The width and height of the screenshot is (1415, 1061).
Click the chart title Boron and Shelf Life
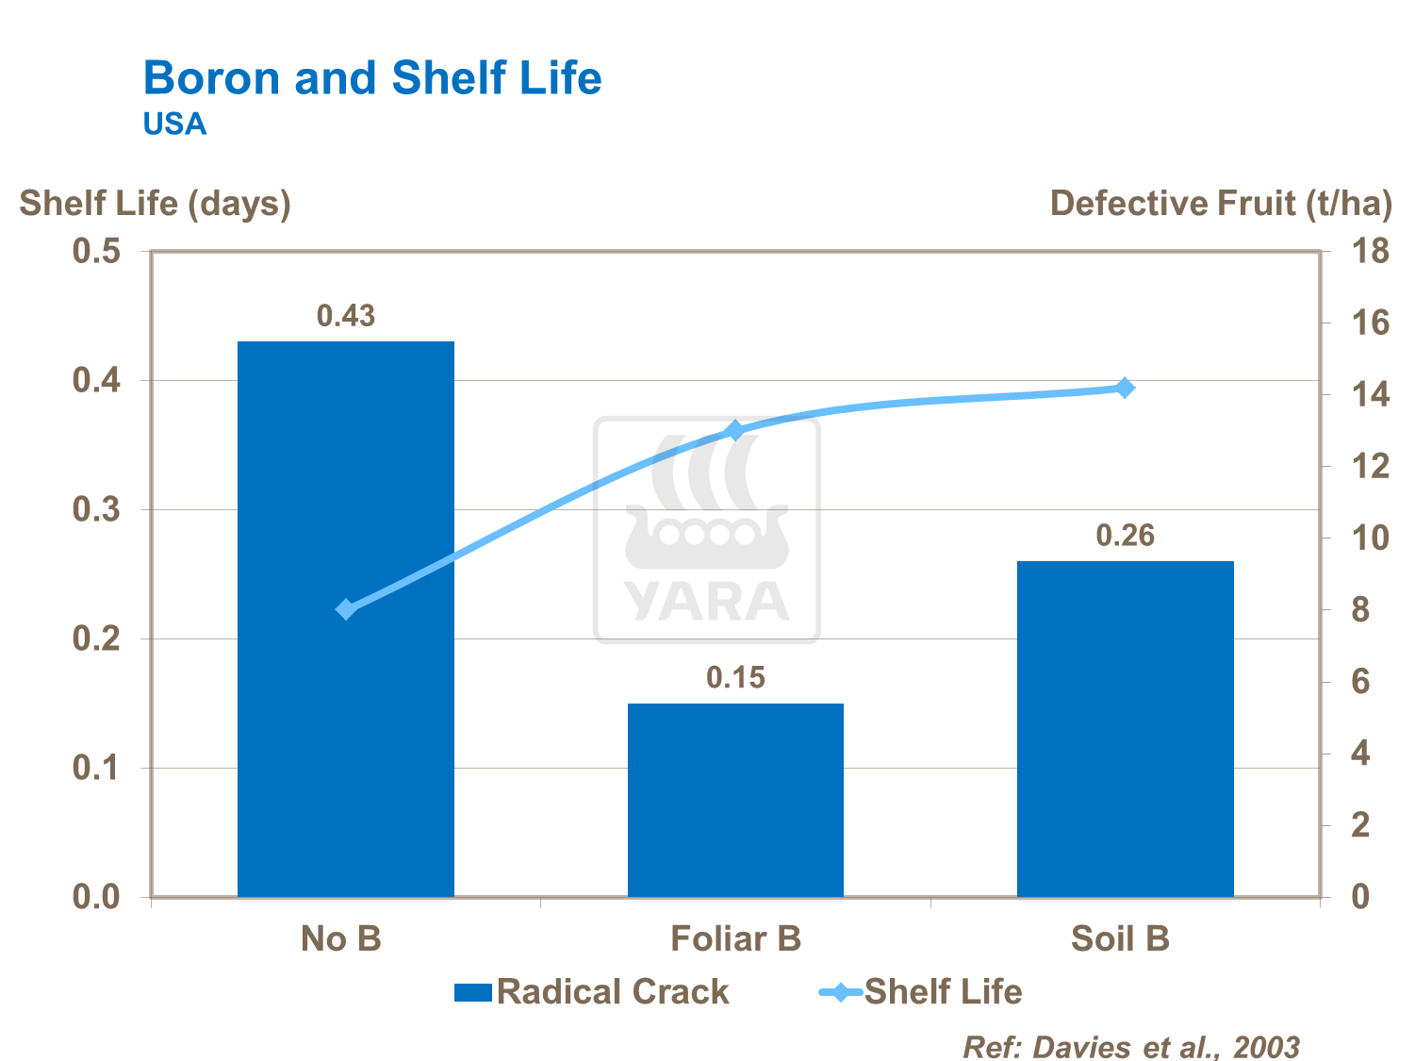click(x=371, y=77)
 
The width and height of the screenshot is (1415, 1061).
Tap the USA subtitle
click(x=174, y=124)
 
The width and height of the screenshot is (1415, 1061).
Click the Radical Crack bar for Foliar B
click(x=735, y=800)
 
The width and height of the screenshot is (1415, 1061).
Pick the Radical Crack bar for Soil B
click(x=1125, y=728)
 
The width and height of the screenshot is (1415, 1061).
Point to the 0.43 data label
click(x=345, y=316)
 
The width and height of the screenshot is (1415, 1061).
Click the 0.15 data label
click(x=735, y=677)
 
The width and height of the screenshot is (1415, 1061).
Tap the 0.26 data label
click(x=1125, y=536)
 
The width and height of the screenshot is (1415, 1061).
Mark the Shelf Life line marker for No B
click(x=346, y=609)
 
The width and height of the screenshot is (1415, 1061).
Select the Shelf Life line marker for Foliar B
click(x=735, y=431)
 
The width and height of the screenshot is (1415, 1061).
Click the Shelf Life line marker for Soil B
click(x=1125, y=388)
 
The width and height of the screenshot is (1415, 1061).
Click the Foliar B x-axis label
click(x=735, y=939)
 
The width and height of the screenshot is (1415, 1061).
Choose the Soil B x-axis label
click(x=1120, y=939)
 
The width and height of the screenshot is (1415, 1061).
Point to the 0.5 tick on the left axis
click(x=97, y=252)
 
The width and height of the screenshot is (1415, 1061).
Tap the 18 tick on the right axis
click(x=1370, y=252)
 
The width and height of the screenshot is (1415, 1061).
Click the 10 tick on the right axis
click(x=1370, y=539)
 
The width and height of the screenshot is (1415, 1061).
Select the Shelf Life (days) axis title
click(x=155, y=203)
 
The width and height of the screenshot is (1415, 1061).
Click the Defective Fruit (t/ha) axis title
click(x=1221, y=203)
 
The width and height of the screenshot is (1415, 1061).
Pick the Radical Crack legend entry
click(x=592, y=992)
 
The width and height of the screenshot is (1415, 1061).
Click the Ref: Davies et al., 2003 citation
click(x=1130, y=1046)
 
